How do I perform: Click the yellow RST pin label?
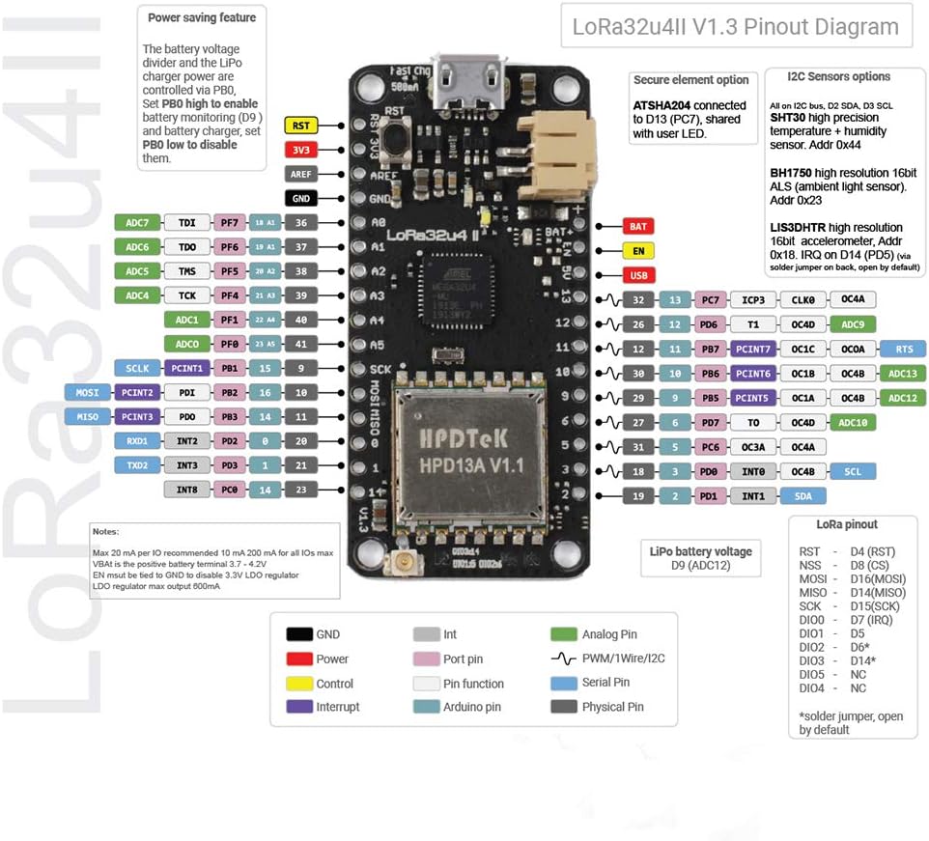click(x=300, y=125)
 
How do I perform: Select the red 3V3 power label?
click(x=300, y=150)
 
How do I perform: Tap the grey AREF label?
click(x=300, y=175)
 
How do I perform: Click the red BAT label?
click(x=637, y=227)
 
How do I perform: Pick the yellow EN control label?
click(x=637, y=251)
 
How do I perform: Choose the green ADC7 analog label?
click(x=136, y=223)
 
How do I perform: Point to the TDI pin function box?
click(x=187, y=223)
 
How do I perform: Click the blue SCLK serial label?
click(x=136, y=368)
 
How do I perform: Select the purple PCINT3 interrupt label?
click(x=136, y=417)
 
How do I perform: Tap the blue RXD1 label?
click(x=136, y=441)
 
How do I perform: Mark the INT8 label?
click(x=187, y=491)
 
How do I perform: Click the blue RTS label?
click(x=903, y=349)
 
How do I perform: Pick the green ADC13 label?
click(x=903, y=374)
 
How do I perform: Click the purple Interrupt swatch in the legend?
click(x=299, y=707)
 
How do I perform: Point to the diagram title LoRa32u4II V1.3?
click(x=735, y=27)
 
